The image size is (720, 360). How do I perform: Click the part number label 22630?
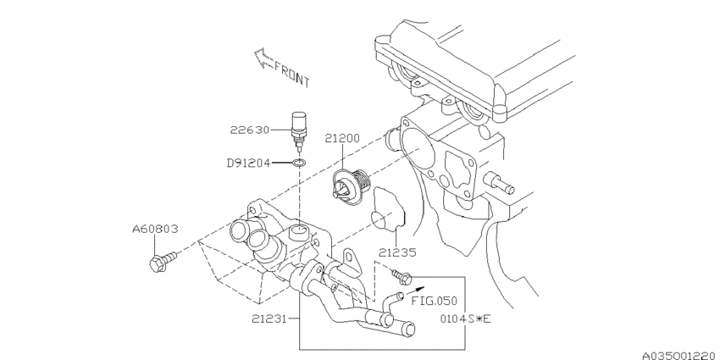[249, 131]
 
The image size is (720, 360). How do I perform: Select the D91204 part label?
[247, 162]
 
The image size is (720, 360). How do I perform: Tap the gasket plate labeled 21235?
[391, 208]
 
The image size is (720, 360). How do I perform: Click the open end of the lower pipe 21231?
[409, 327]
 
